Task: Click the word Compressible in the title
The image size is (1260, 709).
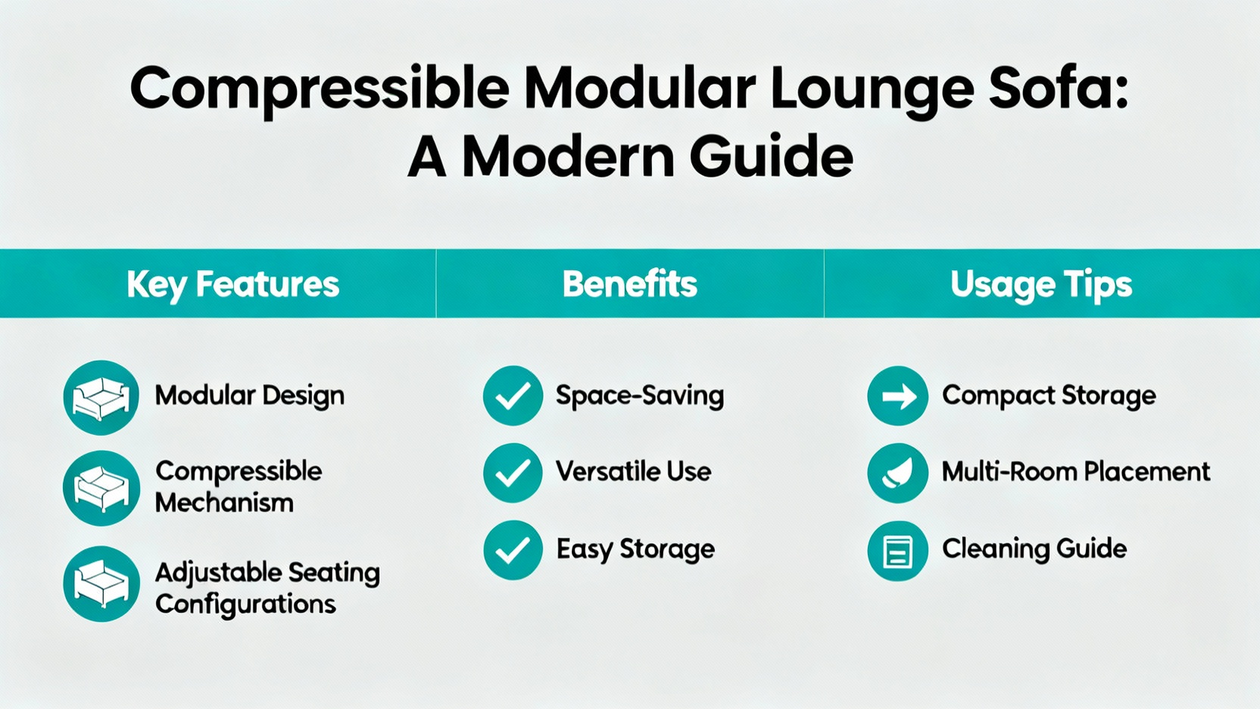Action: click(x=320, y=90)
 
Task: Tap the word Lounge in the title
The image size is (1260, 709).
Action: click(x=871, y=90)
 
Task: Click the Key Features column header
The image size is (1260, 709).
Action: click(x=233, y=284)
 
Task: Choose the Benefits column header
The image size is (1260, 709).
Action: click(x=630, y=284)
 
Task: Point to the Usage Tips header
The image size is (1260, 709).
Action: click(x=1041, y=284)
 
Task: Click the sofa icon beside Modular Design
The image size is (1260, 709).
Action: click(x=102, y=397)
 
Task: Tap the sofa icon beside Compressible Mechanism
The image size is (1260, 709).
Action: click(x=102, y=488)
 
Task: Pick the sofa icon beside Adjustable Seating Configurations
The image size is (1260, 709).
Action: click(x=102, y=584)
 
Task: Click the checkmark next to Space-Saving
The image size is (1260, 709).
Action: click(x=513, y=395)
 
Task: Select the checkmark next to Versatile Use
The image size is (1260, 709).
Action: click(x=513, y=473)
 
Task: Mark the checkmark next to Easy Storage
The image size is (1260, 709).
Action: click(x=513, y=550)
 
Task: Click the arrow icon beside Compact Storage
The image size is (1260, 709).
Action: click(x=897, y=395)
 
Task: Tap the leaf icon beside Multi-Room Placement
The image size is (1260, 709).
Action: click(x=897, y=473)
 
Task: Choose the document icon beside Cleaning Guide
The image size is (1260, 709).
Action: click(x=897, y=551)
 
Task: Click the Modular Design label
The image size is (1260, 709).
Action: click(x=250, y=395)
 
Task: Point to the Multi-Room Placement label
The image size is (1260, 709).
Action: click(x=1076, y=472)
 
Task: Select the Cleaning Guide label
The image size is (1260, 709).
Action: click(x=1035, y=548)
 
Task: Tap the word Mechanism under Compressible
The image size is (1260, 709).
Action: click(x=224, y=503)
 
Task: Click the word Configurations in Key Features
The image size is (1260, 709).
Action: click(x=246, y=604)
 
